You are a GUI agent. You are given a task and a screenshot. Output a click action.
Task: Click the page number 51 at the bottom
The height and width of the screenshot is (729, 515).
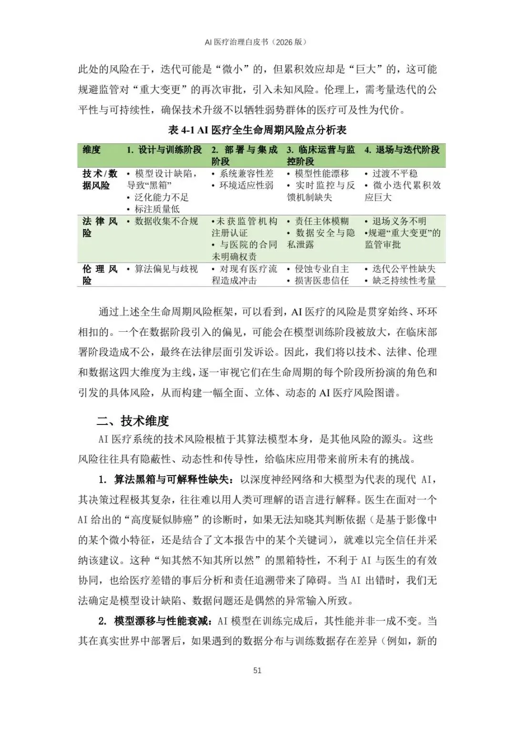[x=257, y=670]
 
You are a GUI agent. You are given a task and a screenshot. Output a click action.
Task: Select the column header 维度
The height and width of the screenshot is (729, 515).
[x=92, y=150]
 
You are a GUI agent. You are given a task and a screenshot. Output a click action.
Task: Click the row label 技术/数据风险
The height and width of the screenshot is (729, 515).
[x=100, y=180]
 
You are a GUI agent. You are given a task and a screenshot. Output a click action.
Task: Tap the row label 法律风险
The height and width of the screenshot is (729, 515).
[x=100, y=227]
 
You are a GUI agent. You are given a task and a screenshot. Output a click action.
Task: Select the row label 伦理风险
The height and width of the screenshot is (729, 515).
[x=100, y=275]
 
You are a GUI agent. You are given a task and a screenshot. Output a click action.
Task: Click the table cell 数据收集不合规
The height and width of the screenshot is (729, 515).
[x=166, y=222]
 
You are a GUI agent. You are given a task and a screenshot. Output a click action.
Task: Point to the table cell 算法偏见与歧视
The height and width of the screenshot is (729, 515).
[x=166, y=269]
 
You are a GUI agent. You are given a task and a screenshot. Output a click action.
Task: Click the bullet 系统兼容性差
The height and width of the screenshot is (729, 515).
[x=246, y=174]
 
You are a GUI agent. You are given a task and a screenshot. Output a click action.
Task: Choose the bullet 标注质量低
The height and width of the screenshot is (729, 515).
[x=157, y=209]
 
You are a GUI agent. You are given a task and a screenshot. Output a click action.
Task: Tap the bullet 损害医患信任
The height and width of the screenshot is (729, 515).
[x=321, y=281]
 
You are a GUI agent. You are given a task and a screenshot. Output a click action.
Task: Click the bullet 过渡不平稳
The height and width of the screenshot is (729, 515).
[x=395, y=174]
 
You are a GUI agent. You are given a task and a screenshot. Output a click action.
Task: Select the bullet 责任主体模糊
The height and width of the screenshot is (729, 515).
[x=321, y=222]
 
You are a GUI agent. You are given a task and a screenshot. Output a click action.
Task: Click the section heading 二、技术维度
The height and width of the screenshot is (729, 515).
[x=133, y=421]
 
